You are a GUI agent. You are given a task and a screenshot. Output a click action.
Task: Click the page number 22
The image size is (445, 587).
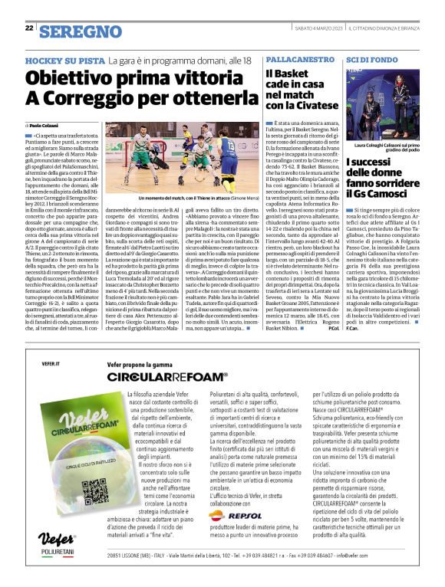pos(29,28)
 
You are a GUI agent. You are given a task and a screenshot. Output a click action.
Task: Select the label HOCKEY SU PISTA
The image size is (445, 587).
pos(64,61)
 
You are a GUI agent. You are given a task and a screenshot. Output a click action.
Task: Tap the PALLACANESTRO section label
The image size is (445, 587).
pos(296,60)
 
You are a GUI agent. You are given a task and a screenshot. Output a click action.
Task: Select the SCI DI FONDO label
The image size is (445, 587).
pos(371,60)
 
